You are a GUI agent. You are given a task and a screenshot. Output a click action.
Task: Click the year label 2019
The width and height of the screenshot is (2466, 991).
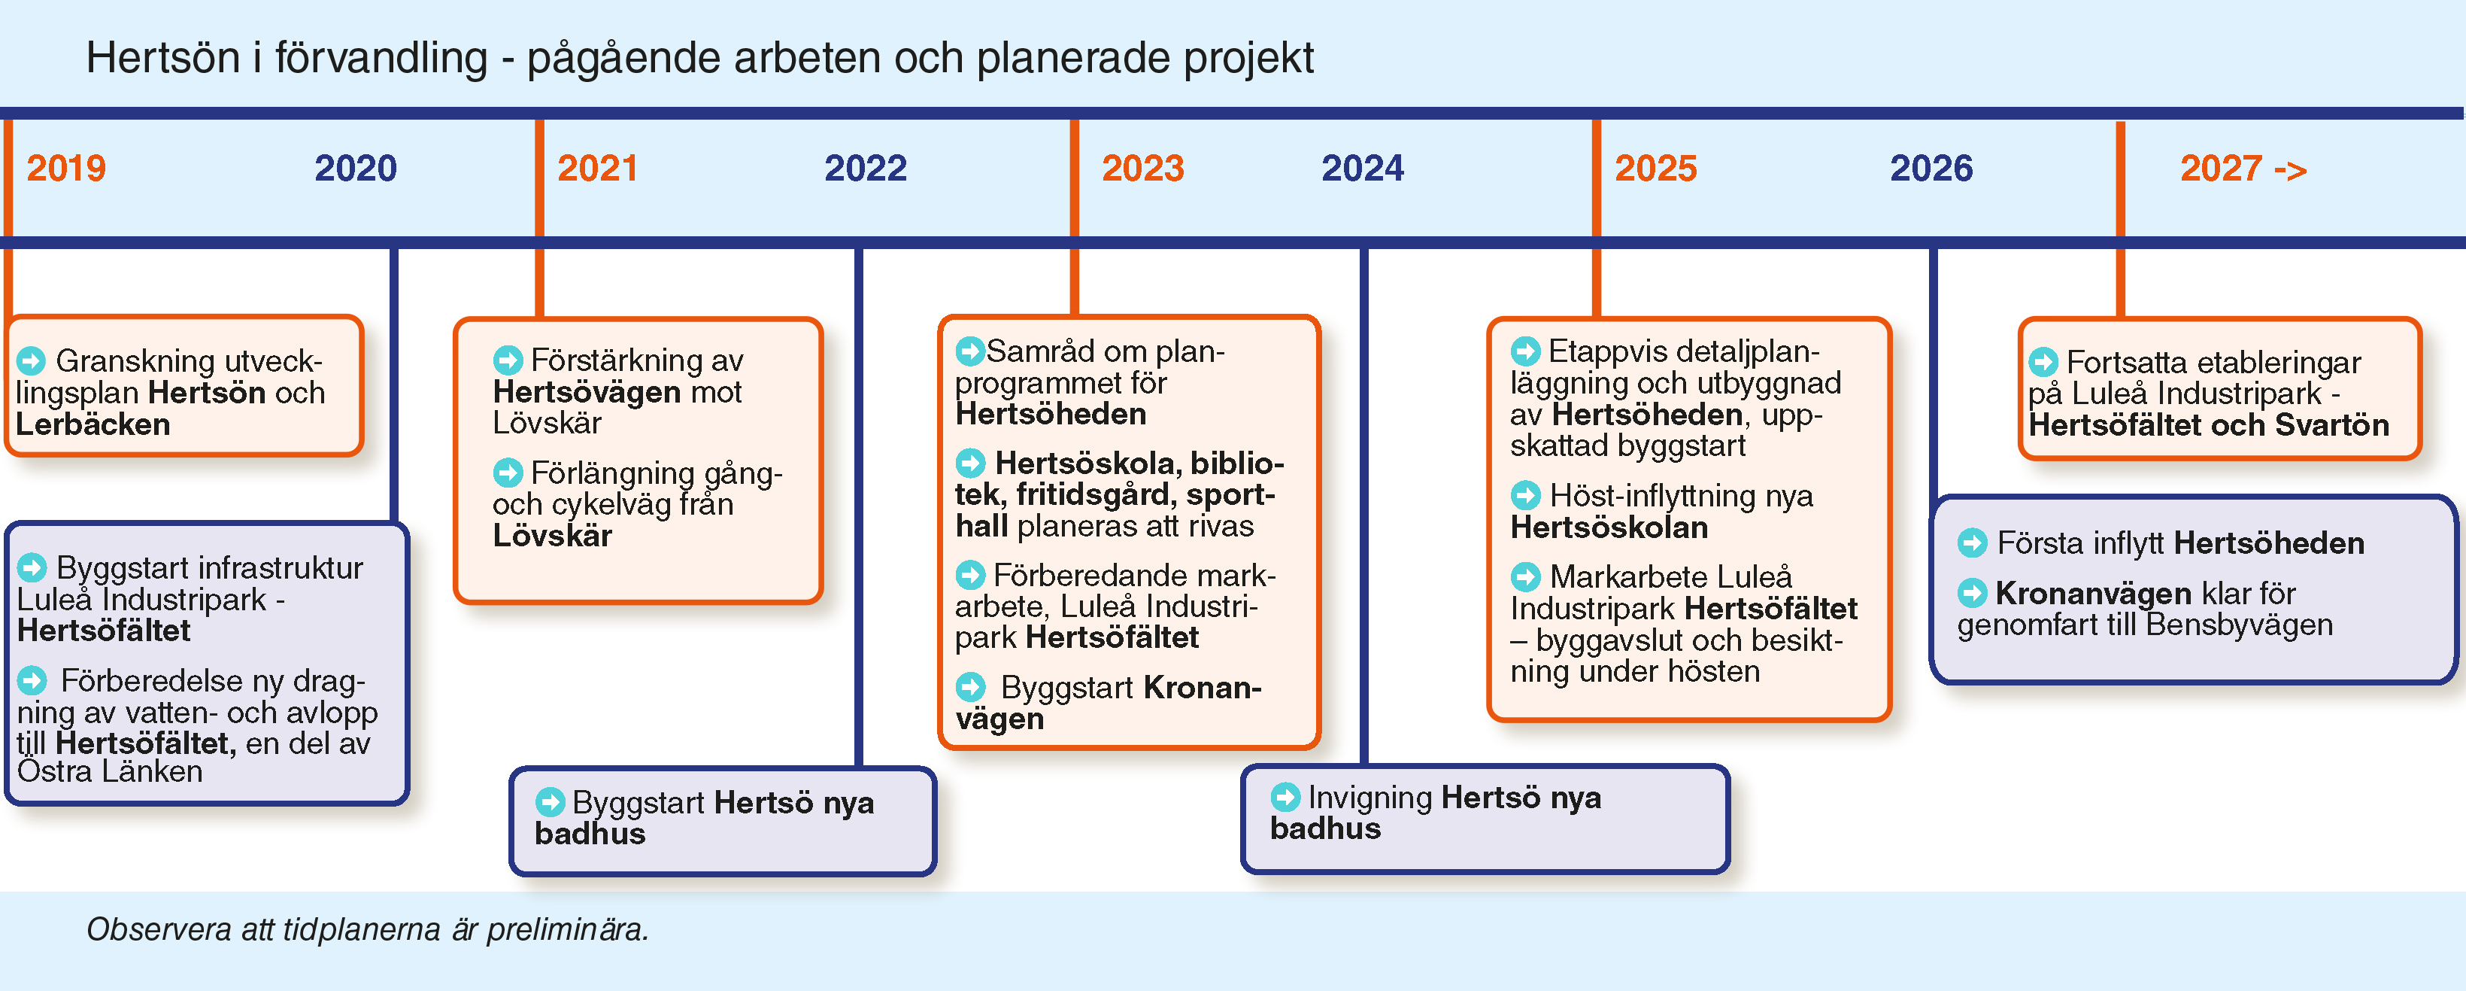66,169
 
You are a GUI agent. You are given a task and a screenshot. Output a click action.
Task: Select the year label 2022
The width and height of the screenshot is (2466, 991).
866,169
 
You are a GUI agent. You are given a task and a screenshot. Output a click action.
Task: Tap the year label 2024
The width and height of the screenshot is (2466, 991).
1362,169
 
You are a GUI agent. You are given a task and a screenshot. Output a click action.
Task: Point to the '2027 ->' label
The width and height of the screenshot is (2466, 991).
2243,169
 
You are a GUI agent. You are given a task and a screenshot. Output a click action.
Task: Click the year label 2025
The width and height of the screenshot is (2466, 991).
1655,169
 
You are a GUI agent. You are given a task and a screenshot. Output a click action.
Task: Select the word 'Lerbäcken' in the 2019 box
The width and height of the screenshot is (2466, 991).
93,424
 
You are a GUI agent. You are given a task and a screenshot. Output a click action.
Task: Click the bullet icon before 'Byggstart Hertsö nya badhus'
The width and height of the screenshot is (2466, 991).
550,801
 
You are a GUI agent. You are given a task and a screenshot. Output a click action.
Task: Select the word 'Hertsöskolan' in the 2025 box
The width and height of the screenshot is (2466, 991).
1609,527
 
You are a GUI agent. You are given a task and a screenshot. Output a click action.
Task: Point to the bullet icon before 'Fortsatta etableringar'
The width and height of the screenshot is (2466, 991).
2043,362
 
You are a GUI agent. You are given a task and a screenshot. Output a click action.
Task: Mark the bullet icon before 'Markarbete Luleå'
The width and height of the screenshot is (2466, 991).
1525,576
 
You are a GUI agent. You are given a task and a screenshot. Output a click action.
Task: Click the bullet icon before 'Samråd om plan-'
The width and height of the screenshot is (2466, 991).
969,351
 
